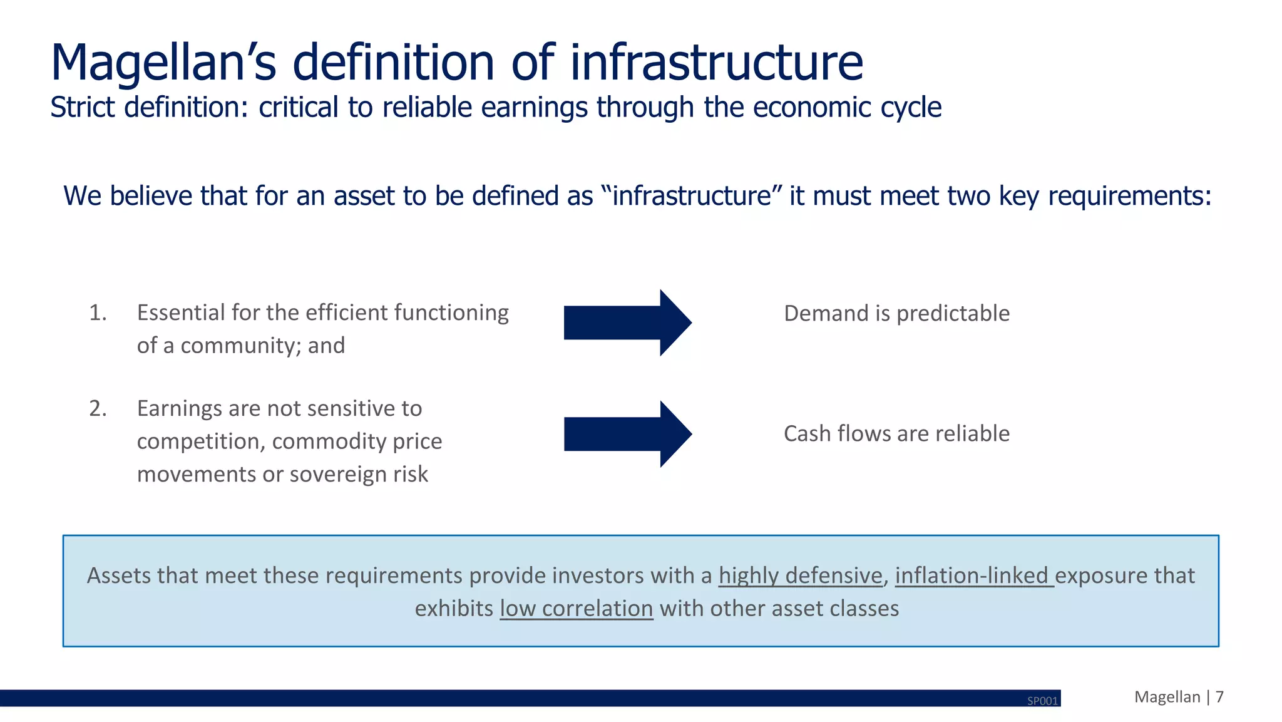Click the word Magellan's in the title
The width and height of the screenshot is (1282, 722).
pos(163,63)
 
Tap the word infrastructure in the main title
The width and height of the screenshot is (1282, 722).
pos(716,63)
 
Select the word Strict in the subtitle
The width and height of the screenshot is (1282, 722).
pos(83,107)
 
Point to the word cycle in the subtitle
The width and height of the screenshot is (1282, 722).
pos(911,107)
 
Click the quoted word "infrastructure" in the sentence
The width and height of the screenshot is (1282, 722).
pos(692,196)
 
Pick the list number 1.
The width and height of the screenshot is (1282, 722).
pos(98,312)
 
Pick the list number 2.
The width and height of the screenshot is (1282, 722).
pos(98,408)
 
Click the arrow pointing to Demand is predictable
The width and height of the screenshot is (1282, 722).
pos(627,323)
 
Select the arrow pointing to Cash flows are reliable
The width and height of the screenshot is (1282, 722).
pos(627,434)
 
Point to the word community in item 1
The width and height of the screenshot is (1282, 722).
pos(238,346)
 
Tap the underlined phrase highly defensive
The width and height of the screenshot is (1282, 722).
pos(800,575)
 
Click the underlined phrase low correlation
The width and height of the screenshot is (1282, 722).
pos(576,609)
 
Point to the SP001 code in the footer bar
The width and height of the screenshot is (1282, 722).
pos(1042,701)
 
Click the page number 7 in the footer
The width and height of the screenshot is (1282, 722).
pos(1219,697)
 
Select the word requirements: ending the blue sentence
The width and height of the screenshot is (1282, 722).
pos(1129,196)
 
